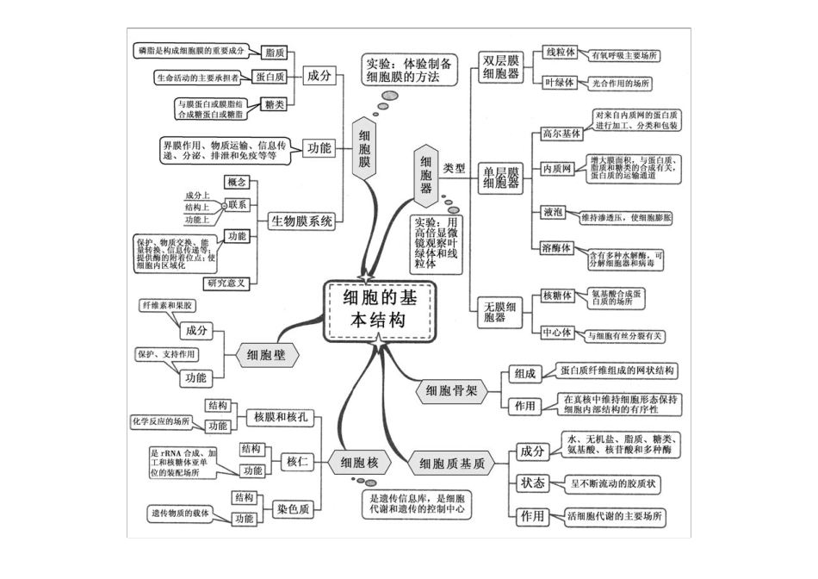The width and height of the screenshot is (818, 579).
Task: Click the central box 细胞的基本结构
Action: coord(377,308)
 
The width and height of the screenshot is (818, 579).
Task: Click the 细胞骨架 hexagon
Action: coord(450,391)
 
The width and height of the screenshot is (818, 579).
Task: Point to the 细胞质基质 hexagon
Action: coord(452,464)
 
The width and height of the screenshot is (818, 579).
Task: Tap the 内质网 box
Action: coord(556,168)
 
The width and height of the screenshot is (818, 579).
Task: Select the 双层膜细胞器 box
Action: coord(501,68)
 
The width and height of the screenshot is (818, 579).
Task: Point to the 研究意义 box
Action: coord(226,282)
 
